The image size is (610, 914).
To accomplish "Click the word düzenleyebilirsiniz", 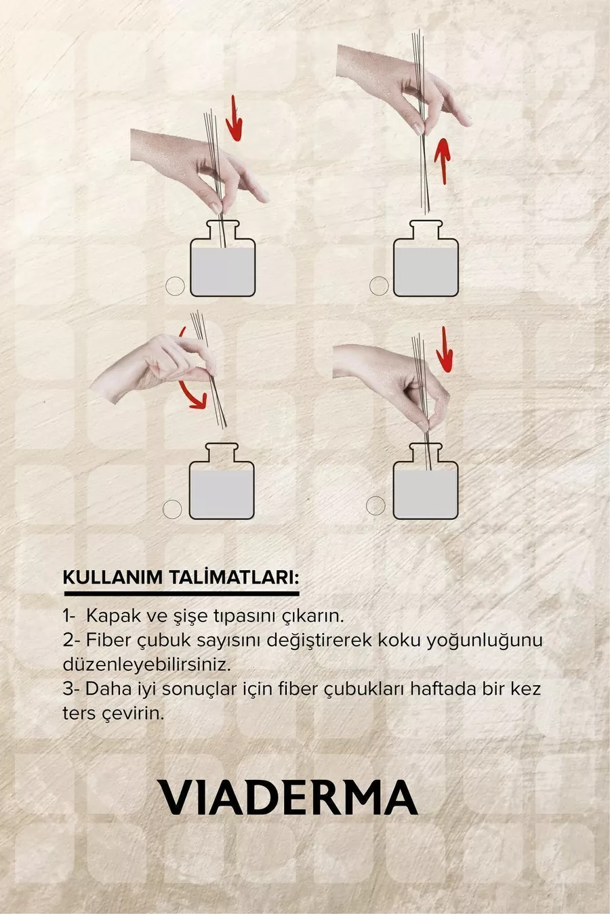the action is (146, 665).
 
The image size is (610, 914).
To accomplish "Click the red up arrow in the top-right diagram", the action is (442, 160).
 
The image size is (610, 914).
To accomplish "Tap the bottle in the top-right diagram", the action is (426, 258).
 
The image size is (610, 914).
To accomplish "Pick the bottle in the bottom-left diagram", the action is (222, 481).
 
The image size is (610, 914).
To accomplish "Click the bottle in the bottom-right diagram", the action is (426, 481).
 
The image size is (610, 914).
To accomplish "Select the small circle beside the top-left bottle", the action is (175, 286).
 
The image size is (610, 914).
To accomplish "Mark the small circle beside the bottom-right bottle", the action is (375, 506).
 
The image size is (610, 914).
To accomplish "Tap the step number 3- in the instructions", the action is (71, 689).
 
